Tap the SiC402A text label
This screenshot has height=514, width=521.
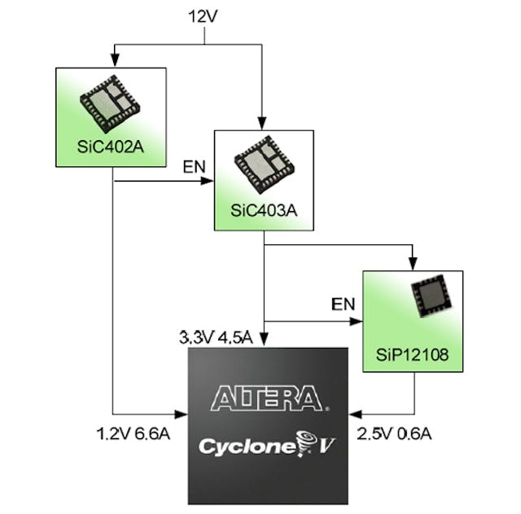pos(110,147)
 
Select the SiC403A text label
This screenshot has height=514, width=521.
pos(265,210)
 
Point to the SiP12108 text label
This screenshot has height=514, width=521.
pos(413,354)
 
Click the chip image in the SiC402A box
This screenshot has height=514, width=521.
pos(110,103)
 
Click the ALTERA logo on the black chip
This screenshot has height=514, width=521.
pos(267,399)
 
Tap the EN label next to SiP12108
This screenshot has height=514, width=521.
pos(343,305)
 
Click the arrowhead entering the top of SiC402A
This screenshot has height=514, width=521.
pos(115,61)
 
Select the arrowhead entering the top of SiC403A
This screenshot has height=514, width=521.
pos(263,123)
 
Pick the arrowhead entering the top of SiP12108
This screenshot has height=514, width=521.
pos(413,263)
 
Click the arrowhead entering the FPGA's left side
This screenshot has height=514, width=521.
pos(182,414)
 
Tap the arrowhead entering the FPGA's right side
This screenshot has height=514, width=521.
pos(357,414)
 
